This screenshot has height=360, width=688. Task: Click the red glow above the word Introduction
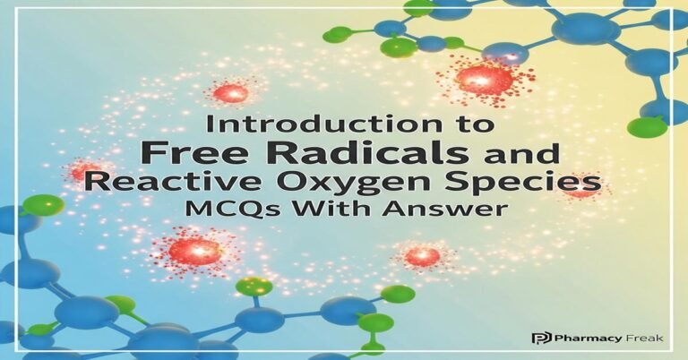coord(232,92)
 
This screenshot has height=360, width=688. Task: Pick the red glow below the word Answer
coord(421,257)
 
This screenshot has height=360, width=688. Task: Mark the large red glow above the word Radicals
coord(484,79)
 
